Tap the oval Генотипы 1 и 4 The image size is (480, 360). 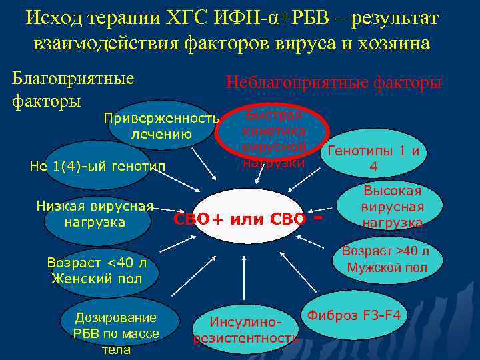tap(373, 158)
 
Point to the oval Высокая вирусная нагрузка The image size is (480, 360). tap(393, 207)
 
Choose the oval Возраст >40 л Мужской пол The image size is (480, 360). tap(386, 259)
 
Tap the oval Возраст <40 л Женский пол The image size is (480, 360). tap(97, 271)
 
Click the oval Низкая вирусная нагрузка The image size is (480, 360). tap(95, 214)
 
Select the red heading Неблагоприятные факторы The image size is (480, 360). tap(333, 82)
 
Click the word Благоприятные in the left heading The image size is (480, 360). tap(73, 78)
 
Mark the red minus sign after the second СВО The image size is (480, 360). tap(318, 217)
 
